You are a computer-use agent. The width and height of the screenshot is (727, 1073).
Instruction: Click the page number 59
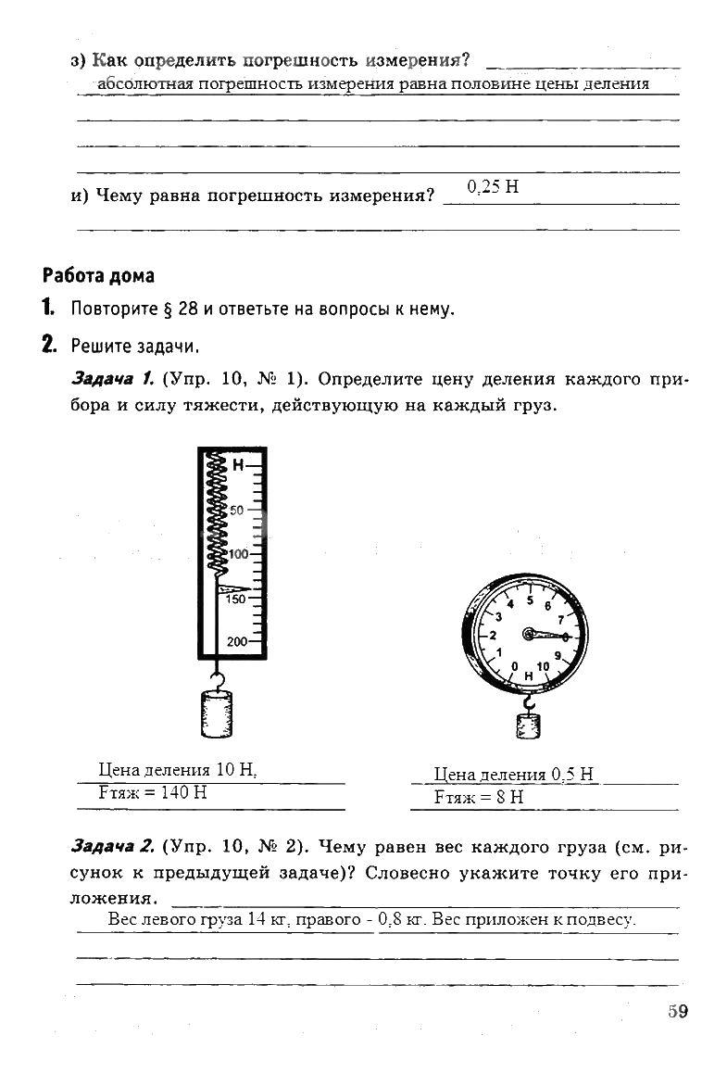click(x=678, y=1011)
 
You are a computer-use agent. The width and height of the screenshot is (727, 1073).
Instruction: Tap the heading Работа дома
click(x=98, y=276)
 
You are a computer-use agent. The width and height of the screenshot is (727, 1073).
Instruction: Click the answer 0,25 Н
click(x=493, y=187)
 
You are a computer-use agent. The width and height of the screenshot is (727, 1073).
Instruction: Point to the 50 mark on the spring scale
click(x=236, y=510)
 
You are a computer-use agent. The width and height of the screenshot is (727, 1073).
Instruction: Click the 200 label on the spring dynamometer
click(x=238, y=642)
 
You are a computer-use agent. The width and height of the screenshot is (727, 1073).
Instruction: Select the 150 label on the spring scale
click(x=236, y=600)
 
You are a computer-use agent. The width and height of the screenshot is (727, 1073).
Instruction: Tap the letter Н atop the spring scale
click(x=238, y=465)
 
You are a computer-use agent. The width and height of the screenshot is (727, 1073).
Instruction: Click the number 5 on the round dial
click(x=530, y=600)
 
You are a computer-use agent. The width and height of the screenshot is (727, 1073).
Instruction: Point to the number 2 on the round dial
click(x=493, y=636)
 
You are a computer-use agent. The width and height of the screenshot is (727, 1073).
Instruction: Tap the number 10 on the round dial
click(x=543, y=665)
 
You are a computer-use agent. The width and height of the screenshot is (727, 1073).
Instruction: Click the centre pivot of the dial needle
click(x=528, y=634)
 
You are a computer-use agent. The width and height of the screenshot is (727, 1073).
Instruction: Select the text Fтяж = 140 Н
click(x=152, y=793)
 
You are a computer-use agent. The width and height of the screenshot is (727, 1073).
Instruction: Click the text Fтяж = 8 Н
click(x=479, y=796)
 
